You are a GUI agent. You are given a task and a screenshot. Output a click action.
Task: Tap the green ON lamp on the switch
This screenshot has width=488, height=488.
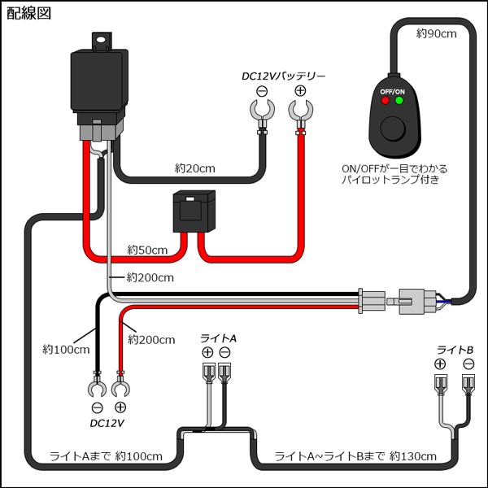click(x=399, y=102)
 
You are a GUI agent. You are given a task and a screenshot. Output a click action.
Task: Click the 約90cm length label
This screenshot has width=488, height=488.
click(x=436, y=34)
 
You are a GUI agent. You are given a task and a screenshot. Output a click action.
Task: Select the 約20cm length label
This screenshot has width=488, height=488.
click(x=195, y=168)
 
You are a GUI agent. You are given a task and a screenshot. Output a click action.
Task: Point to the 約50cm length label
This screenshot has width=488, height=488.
click(x=147, y=250)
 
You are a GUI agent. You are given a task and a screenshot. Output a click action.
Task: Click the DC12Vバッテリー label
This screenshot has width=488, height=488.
click(x=284, y=76)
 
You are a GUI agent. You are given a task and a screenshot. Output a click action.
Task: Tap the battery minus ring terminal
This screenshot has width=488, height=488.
click(x=263, y=110)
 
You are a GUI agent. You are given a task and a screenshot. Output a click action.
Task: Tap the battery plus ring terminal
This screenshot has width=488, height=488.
click(x=300, y=110)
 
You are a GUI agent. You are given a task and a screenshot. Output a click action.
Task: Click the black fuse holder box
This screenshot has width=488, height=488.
click(x=193, y=212)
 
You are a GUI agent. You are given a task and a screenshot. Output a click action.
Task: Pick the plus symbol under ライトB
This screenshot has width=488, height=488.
click(x=441, y=364)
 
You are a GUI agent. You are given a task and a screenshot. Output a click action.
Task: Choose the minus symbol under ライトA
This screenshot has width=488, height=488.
click(x=225, y=352)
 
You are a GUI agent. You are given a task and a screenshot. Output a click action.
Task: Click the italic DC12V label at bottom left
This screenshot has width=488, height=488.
click(x=108, y=424)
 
